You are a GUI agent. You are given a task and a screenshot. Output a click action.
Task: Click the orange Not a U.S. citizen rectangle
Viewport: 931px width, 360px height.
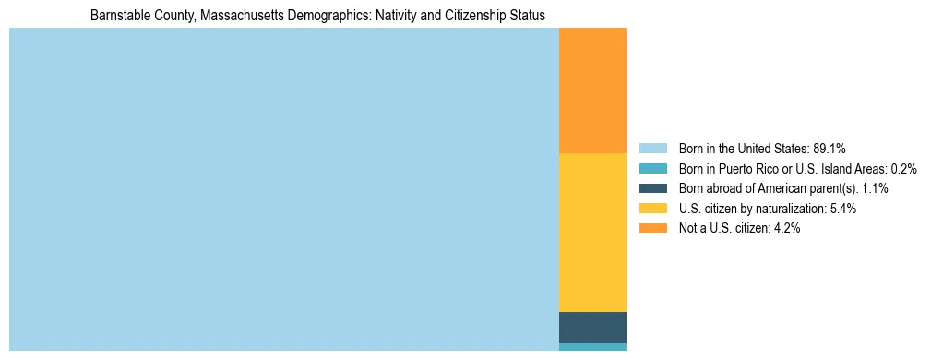coord(592,90)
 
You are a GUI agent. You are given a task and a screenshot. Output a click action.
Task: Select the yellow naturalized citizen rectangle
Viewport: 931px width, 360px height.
coord(592,232)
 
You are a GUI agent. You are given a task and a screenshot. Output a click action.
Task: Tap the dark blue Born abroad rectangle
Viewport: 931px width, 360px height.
coord(592,327)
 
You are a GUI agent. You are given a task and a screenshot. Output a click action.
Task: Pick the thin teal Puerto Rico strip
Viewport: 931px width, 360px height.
coord(592,347)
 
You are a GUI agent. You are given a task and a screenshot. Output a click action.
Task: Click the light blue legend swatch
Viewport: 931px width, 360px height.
coord(652,149)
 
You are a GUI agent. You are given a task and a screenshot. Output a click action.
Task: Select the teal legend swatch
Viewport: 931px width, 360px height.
coord(652,169)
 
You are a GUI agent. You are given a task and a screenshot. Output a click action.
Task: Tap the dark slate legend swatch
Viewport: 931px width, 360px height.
coord(652,188)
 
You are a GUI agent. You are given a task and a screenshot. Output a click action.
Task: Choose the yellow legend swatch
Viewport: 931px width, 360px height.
coord(652,209)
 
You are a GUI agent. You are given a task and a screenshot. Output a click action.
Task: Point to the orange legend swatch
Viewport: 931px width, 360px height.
coord(652,228)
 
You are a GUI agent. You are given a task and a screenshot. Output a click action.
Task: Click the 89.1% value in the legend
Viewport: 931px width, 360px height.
coord(829,149)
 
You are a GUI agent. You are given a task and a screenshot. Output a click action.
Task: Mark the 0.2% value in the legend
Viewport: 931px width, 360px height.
coord(904,169)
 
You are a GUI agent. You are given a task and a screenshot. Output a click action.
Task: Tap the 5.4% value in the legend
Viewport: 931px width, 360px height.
coord(843,209)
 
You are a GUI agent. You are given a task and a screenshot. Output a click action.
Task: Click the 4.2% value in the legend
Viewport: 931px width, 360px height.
coord(787,228)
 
